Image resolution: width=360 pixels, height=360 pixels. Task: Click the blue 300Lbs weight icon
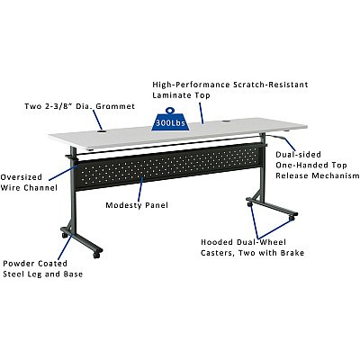point(170,120)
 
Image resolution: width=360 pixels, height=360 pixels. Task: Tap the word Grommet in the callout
point(115,106)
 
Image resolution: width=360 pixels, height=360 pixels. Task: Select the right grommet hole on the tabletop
point(226,121)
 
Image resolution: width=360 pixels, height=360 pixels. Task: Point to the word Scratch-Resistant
point(271,85)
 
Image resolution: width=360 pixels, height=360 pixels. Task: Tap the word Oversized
point(21,177)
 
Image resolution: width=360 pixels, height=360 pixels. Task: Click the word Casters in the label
point(218,253)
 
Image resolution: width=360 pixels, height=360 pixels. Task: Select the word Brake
point(292,253)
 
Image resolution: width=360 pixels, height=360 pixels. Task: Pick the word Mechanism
point(336,175)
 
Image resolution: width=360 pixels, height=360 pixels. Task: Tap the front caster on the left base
point(97,255)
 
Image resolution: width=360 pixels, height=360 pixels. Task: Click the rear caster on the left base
point(65,235)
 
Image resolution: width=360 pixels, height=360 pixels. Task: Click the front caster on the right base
point(291,218)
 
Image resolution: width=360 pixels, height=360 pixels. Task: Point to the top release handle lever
point(275,138)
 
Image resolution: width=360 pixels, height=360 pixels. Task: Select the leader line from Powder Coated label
point(66,247)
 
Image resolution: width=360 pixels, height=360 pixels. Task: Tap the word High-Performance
point(191,85)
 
